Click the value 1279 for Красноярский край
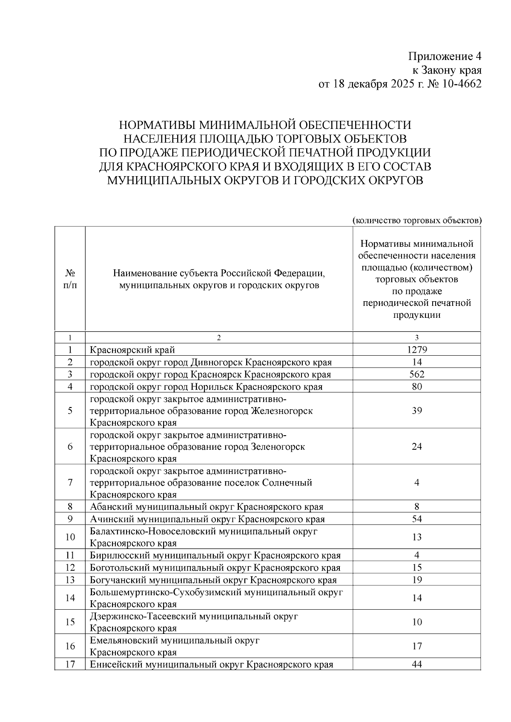pos(416,350)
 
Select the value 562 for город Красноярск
pos(416,374)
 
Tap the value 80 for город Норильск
pos(416,386)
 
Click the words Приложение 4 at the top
pos(445,56)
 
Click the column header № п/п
pos(70,279)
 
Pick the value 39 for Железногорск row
pos(416,411)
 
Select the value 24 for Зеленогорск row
pos(416,446)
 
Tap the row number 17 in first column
pos(70,664)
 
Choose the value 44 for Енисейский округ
pos(416,664)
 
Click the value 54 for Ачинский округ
pos(416,519)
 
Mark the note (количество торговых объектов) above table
pos(417,220)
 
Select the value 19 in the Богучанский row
pos(416,579)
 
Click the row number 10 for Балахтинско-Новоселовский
pos(70,537)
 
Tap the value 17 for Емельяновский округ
pos(416,646)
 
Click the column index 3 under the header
pos(416,338)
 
